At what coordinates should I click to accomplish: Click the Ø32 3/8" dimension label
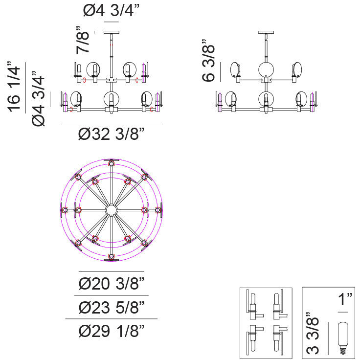click(112, 134)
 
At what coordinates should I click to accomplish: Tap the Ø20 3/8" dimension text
click(112, 284)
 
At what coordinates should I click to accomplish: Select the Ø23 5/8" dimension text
click(112, 307)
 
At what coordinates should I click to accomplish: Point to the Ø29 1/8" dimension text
click(112, 331)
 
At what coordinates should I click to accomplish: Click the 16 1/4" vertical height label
click(14, 87)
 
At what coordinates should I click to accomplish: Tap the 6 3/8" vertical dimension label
click(208, 60)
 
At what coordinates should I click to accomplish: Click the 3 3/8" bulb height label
click(313, 334)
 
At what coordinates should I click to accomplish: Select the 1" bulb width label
click(345, 299)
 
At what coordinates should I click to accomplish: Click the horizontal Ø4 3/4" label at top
click(112, 11)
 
